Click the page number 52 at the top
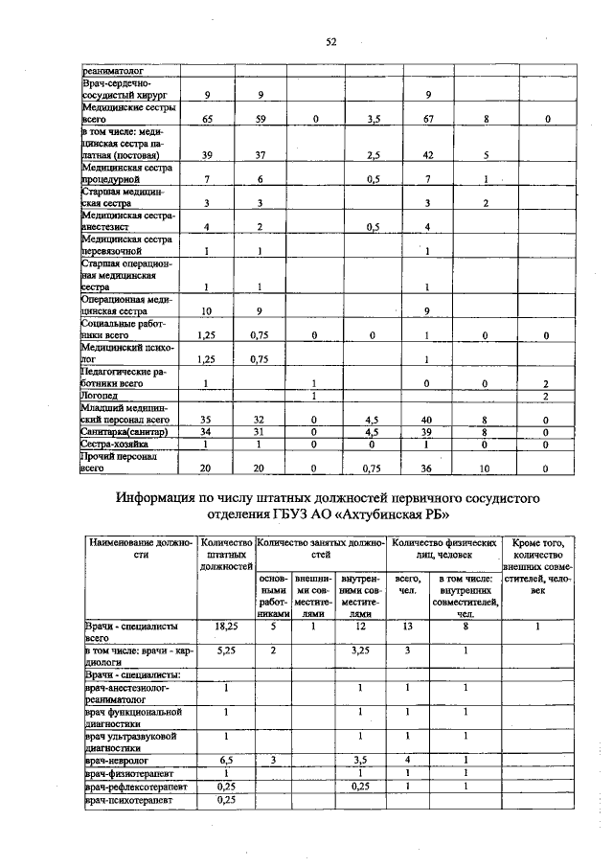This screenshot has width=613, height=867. (330, 41)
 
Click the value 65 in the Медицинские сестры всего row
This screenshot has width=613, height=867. (208, 119)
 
